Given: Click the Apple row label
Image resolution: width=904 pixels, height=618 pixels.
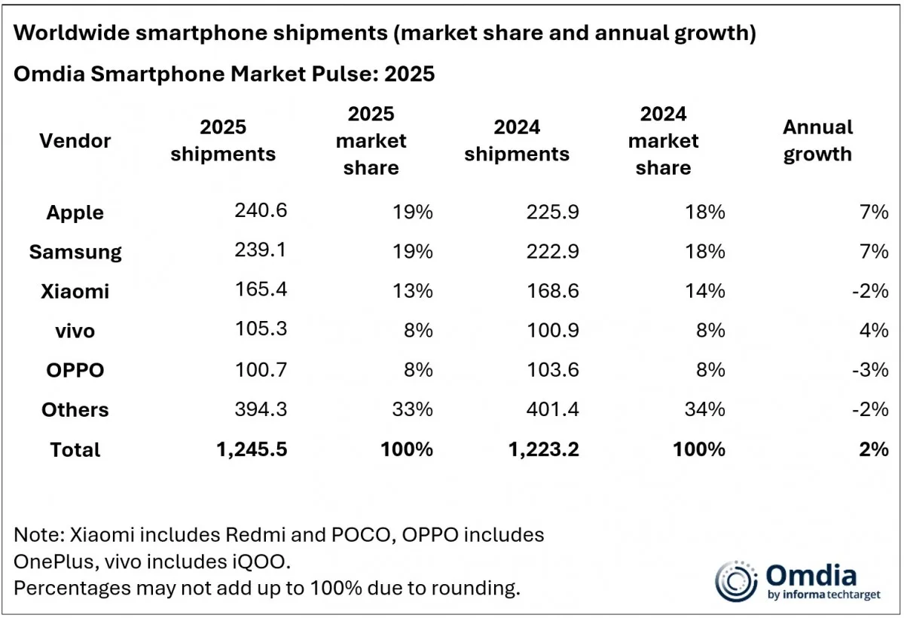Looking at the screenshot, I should (x=75, y=213).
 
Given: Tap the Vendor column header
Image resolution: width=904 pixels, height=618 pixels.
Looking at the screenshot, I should (x=75, y=140).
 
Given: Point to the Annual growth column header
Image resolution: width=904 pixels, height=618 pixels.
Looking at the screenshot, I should (x=817, y=140).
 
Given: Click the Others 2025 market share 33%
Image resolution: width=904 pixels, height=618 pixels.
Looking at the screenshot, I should (x=412, y=409).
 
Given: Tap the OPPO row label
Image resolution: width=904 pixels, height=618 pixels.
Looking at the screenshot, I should (x=75, y=370).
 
